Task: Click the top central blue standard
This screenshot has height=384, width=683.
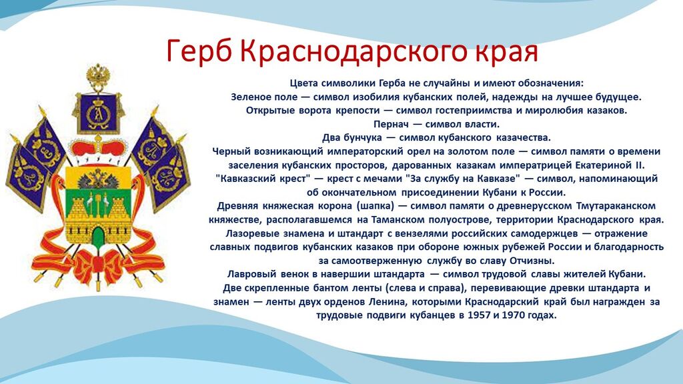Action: coord(98,113)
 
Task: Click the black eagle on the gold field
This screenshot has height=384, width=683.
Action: coord(98,179)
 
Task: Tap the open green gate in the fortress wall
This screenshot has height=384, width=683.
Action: coord(98,235)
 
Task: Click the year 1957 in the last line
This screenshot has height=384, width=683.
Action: coord(479,315)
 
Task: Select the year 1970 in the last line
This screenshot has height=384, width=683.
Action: coord(514,315)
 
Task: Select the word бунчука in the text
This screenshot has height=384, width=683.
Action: coord(360,138)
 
